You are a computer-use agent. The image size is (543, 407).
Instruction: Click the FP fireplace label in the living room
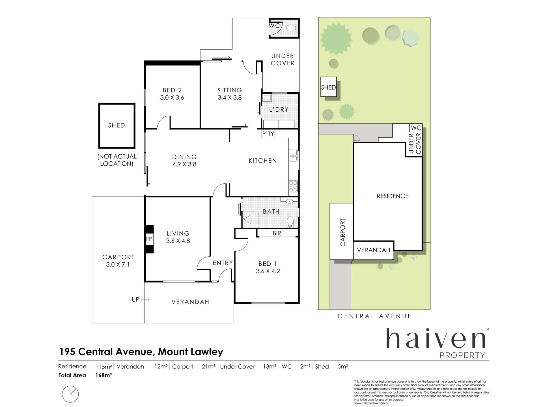[x=149, y=239]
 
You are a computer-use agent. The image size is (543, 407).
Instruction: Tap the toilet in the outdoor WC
[x=291, y=28]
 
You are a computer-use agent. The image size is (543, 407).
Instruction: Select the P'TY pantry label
[x=268, y=134]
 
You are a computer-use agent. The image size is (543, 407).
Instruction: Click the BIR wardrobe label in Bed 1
[x=277, y=233]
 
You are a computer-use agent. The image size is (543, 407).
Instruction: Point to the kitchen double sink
[x=293, y=155]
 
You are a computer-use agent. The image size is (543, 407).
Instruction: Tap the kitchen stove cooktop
[x=293, y=186]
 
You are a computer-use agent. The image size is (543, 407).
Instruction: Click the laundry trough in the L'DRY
[x=267, y=98]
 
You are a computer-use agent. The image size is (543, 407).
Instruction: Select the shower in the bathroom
[x=250, y=219]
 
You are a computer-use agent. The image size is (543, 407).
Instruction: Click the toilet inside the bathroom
[x=290, y=222]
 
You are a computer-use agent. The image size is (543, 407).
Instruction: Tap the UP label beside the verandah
[x=135, y=299]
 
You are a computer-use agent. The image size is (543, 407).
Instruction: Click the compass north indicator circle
[x=70, y=394]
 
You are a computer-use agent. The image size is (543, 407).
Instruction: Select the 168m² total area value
[x=104, y=375]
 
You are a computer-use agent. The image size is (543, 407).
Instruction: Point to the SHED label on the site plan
[x=328, y=87]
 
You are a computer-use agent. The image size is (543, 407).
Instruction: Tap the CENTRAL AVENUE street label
[x=374, y=316]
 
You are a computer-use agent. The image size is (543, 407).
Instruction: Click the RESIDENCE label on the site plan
[x=393, y=196]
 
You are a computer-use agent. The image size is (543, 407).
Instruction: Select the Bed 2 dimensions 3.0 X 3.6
[x=172, y=98]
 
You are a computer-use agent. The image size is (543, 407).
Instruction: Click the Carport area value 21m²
[x=209, y=367]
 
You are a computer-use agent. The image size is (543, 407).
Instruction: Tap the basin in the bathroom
[x=289, y=201]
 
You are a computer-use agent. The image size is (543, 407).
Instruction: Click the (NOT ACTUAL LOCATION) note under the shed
[x=117, y=160]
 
